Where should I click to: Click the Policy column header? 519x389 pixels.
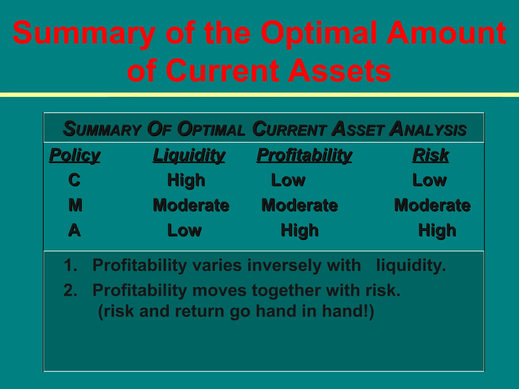point(75,155)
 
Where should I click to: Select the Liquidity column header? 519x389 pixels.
point(189,155)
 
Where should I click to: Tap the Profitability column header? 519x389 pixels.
point(304,155)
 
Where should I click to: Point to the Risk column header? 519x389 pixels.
point(430,155)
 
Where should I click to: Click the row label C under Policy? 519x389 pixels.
point(74,180)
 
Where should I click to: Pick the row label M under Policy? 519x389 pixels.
point(75,205)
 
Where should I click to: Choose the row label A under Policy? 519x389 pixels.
point(74,230)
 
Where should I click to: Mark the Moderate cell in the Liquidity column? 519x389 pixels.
point(191,205)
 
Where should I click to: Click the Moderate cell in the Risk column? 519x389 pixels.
point(432,205)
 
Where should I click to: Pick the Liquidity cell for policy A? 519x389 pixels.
point(184,230)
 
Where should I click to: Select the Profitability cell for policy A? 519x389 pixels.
point(300,230)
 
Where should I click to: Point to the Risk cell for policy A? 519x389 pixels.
point(437,230)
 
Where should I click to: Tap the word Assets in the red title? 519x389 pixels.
point(340,70)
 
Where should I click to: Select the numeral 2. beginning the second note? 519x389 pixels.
point(70,290)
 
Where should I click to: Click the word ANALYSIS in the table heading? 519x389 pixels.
point(428,129)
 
